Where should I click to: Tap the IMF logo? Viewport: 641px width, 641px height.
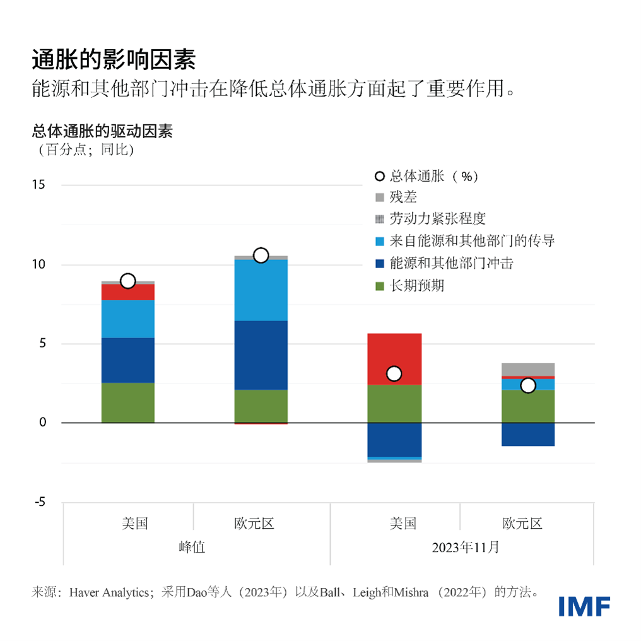click(x=584, y=606)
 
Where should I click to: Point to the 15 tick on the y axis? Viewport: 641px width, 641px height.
click(x=38, y=185)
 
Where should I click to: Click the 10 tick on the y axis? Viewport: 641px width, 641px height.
click(x=38, y=264)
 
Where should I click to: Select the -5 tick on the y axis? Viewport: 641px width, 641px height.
click(x=39, y=502)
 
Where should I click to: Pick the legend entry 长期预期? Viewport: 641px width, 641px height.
click(x=417, y=286)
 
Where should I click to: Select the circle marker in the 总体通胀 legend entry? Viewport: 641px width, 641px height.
click(x=379, y=177)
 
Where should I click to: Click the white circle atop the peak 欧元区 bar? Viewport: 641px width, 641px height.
click(x=261, y=255)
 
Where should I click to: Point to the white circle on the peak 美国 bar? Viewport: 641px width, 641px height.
click(x=127, y=281)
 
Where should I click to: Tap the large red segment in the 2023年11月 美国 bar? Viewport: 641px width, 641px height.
click(x=394, y=350)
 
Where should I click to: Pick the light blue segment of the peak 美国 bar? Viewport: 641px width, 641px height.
click(x=127, y=319)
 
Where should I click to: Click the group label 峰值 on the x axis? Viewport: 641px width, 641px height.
click(x=193, y=548)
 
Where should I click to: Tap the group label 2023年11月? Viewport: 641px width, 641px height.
click(x=465, y=548)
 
